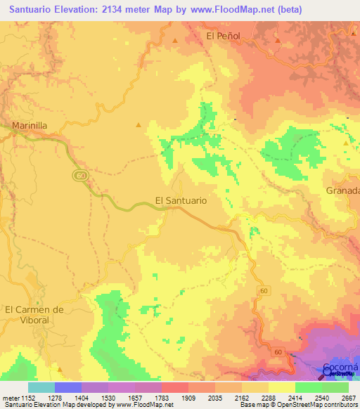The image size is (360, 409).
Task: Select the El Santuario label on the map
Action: [181, 200]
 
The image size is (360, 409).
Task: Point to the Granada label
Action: [343, 191]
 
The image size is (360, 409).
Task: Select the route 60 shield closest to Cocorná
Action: [278, 352]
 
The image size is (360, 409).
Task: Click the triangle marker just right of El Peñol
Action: [278, 40]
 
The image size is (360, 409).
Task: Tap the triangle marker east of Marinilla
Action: [139, 125]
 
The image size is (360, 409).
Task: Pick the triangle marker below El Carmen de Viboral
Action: [60, 368]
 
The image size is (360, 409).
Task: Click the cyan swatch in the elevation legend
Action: [41, 387]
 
